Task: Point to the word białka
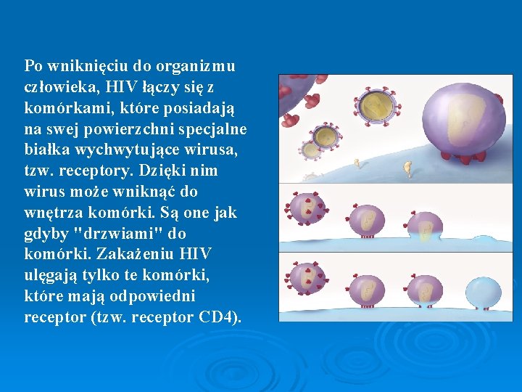pyautogui.click(x=45, y=150)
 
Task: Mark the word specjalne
pyautogui.click(x=215, y=129)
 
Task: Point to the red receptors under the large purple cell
pyautogui.click(x=464, y=160)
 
